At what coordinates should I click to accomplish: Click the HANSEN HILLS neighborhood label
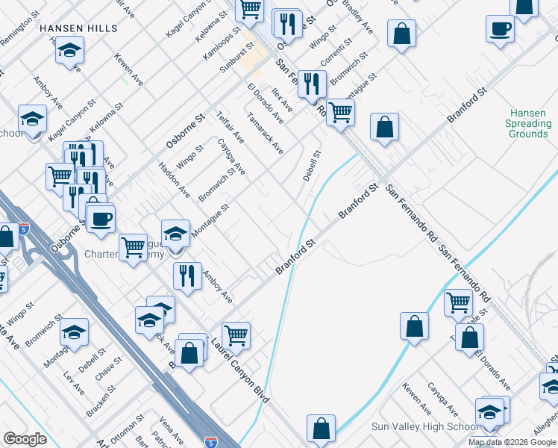(78, 28)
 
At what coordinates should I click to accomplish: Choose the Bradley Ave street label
(360, 19)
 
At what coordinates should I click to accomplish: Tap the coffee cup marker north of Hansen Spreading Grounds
(500, 29)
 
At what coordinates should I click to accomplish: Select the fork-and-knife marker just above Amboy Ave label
(187, 275)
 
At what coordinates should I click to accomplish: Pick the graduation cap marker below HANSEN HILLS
(69, 50)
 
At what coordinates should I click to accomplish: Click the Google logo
(25, 439)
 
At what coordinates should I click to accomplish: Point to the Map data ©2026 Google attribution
(512, 442)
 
